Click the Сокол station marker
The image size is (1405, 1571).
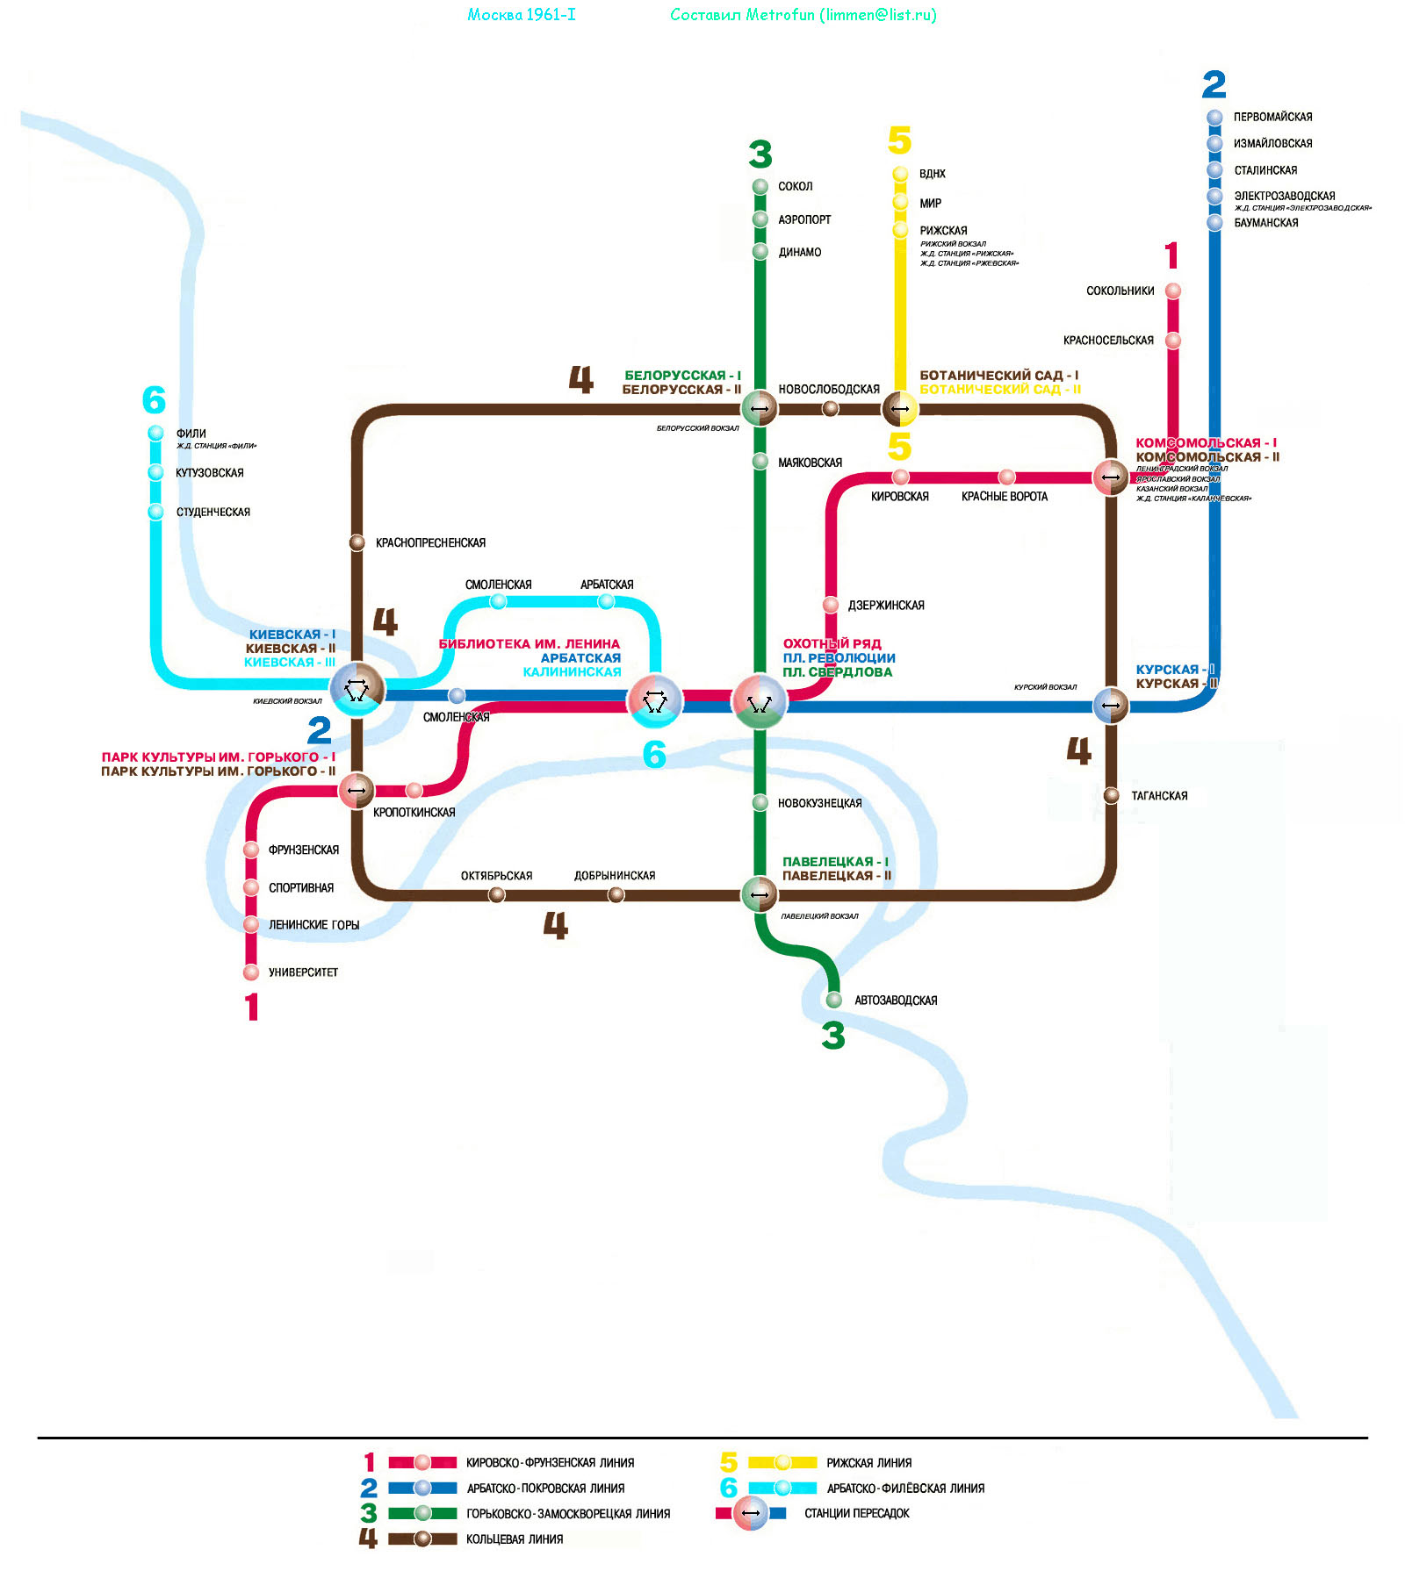coord(760,186)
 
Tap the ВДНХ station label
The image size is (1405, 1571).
coord(932,174)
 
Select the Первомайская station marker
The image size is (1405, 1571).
coord(1214,117)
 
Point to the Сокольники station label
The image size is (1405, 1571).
coord(1120,291)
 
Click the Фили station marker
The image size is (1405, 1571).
coord(155,433)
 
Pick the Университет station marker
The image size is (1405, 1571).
coord(251,972)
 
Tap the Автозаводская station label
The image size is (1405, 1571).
coord(896,1001)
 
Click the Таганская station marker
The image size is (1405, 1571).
coord(1111,795)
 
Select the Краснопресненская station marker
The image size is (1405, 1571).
coord(357,542)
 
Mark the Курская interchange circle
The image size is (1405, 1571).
coord(1111,705)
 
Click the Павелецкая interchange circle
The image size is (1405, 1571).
coord(760,894)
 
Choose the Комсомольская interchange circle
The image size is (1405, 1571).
coord(1111,477)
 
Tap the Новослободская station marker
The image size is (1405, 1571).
coord(830,408)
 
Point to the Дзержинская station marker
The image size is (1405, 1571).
coord(831,605)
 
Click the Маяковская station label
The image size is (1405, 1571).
coord(810,463)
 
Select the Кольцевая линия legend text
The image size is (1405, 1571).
coord(515,1539)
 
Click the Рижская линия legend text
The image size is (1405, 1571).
coord(868,1462)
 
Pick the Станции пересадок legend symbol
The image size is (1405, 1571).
coord(751,1513)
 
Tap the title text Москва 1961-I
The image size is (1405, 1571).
coord(522,15)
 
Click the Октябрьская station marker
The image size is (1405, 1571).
coord(497,894)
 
